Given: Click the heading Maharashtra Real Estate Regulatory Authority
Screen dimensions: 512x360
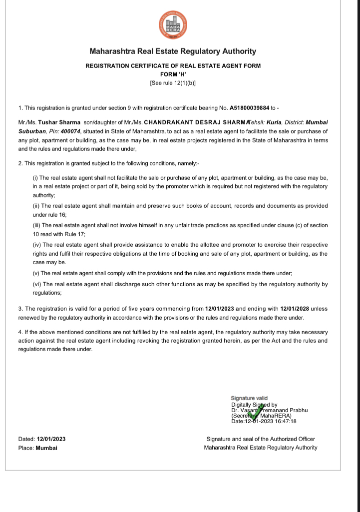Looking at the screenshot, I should tap(173, 51).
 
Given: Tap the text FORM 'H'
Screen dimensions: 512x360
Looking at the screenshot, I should tap(173, 74).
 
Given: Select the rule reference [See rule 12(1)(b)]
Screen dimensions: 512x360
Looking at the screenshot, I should tap(173, 82).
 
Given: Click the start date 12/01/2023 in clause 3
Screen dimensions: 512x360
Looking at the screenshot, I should tap(220, 309).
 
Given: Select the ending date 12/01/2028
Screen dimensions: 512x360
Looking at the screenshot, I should tap(298, 309).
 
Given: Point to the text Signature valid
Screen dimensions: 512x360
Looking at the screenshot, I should tap(249, 398).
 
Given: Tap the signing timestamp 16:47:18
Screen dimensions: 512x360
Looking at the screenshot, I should tap(286, 421).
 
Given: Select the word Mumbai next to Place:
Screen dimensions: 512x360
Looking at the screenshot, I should tap(46, 448).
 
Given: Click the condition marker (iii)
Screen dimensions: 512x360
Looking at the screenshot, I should tap(36, 225).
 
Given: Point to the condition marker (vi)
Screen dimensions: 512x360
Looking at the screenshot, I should tap(36, 284).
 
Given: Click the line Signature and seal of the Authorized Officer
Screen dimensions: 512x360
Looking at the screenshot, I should tap(261, 439).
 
